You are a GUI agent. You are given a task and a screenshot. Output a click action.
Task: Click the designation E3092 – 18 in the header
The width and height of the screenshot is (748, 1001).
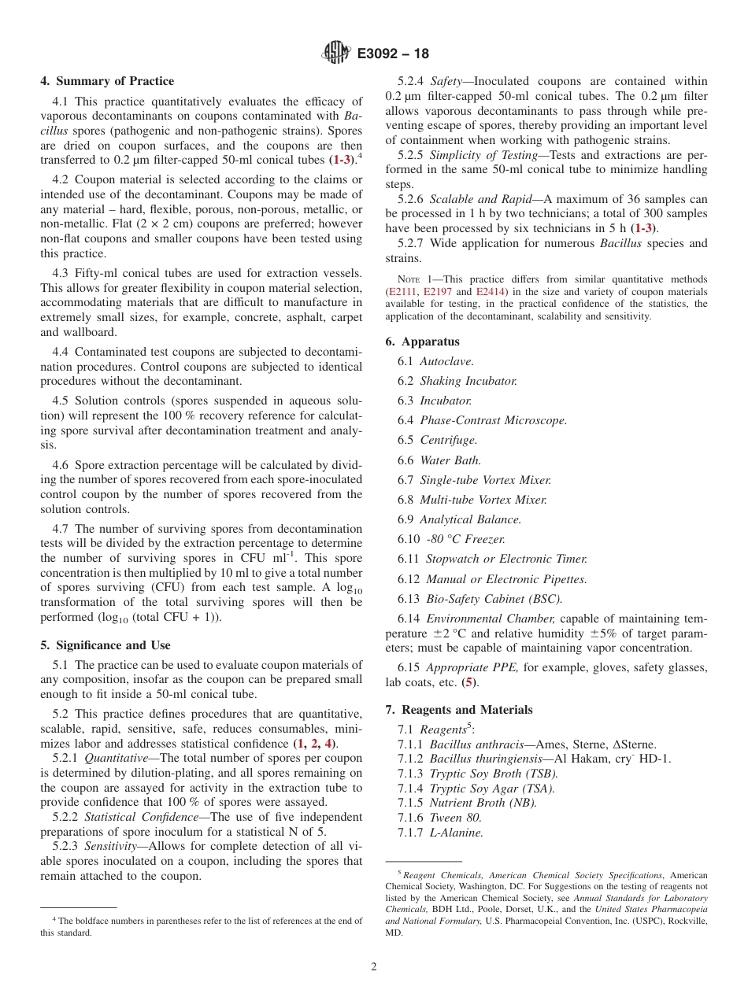point(393,54)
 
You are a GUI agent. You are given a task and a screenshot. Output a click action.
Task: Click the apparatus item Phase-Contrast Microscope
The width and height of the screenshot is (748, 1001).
point(493,420)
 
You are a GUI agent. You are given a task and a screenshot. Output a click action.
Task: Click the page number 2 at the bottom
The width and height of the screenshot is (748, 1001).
point(374,967)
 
